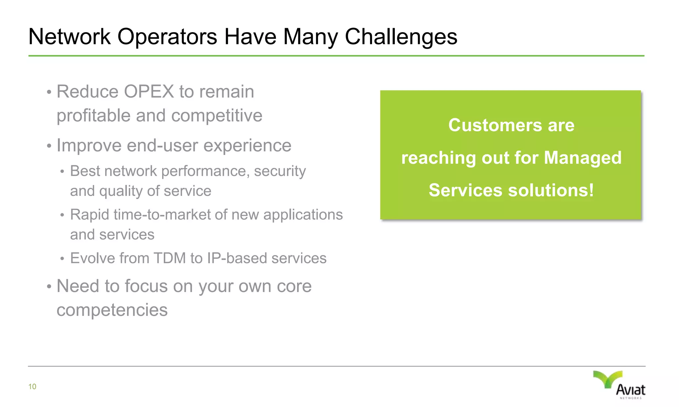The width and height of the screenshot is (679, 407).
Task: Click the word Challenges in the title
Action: (401, 36)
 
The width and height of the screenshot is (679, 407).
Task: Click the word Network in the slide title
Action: (69, 36)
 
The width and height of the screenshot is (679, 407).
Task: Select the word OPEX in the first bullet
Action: (149, 92)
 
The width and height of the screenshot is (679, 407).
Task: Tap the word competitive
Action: (217, 116)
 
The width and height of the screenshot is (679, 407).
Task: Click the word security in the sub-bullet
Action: (280, 171)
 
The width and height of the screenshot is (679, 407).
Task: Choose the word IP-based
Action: (237, 258)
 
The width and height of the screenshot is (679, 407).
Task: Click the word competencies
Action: (112, 310)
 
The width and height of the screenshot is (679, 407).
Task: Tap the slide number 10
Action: (32, 386)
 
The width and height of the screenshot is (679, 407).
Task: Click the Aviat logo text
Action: (631, 390)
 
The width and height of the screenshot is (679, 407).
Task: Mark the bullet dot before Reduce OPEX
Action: (49, 92)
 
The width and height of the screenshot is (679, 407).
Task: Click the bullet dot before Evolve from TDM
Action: (62, 259)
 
